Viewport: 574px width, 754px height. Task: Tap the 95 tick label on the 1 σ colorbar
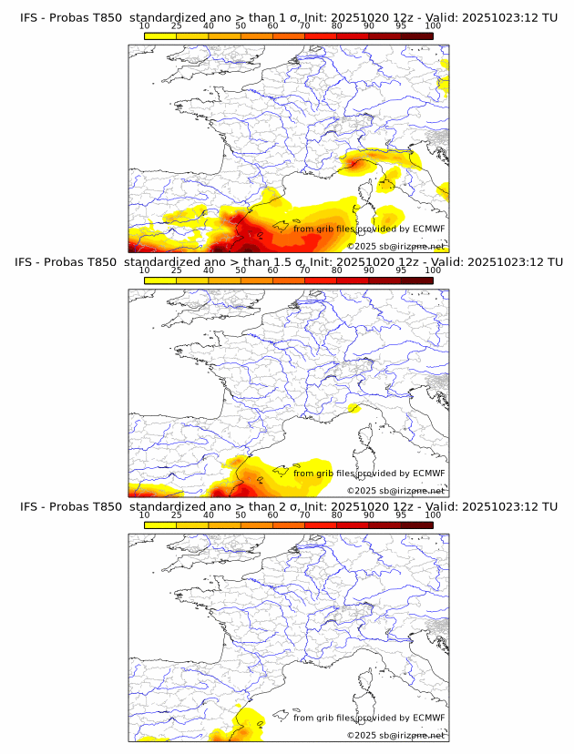pos(401,26)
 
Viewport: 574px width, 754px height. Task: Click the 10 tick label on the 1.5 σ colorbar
pos(144,270)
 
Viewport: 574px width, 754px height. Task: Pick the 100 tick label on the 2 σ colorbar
pos(433,515)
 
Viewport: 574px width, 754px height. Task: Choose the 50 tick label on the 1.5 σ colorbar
pos(241,270)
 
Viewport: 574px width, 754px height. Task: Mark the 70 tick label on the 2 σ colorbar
pos(304,515)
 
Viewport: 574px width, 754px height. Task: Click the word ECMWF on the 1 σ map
pos(428,229)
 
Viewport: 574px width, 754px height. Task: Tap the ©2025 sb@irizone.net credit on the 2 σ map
pos(395,735)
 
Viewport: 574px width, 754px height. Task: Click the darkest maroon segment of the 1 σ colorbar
pos(416,36)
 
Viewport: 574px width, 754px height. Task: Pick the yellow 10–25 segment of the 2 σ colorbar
pos(160,525)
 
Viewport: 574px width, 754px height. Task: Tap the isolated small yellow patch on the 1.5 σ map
pos(354,409)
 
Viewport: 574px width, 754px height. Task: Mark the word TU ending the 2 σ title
pos(549,506)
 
